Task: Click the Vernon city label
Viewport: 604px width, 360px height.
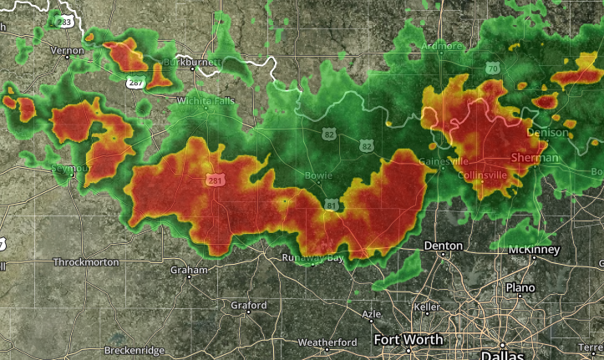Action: tap(68, 50)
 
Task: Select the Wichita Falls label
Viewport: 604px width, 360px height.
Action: tap(205, 101)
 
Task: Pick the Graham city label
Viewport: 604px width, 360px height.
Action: tap(188, 271)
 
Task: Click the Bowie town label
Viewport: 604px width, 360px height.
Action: tap(319, 176)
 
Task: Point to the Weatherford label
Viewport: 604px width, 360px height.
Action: tap(327, 342)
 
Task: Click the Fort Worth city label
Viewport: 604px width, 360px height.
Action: tap(409, 340)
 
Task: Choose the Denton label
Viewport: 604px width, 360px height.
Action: tap(443, 246)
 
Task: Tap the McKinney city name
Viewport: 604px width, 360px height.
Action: tap(533, 250)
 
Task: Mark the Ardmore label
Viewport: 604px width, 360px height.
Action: tap(442, 46)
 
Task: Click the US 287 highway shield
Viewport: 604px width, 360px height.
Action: tap(134, 83)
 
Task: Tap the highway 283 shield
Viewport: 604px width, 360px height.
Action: tap(64, 19)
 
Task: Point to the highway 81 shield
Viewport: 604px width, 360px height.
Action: tap(332, 205)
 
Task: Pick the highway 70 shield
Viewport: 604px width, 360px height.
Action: tap(493, 68)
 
